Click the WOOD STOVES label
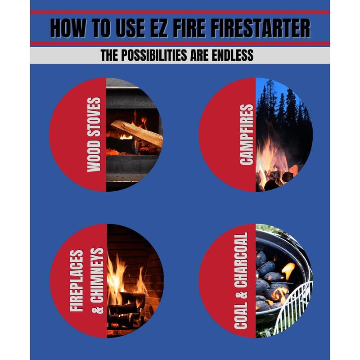(94, 135)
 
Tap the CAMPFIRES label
(246, 135)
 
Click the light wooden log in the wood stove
(137, 132)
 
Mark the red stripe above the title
(180, 12)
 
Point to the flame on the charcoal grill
(288, 270)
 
